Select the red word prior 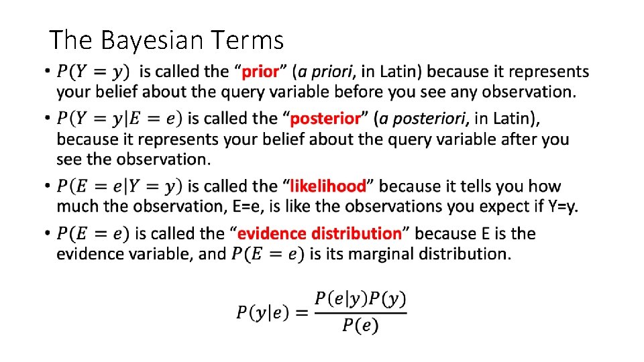(261, 71)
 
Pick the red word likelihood (328, 186)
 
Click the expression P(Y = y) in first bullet (94, 71)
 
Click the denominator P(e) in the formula (360, 326)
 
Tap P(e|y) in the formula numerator (337, 298)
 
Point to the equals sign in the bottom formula (301, 312)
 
